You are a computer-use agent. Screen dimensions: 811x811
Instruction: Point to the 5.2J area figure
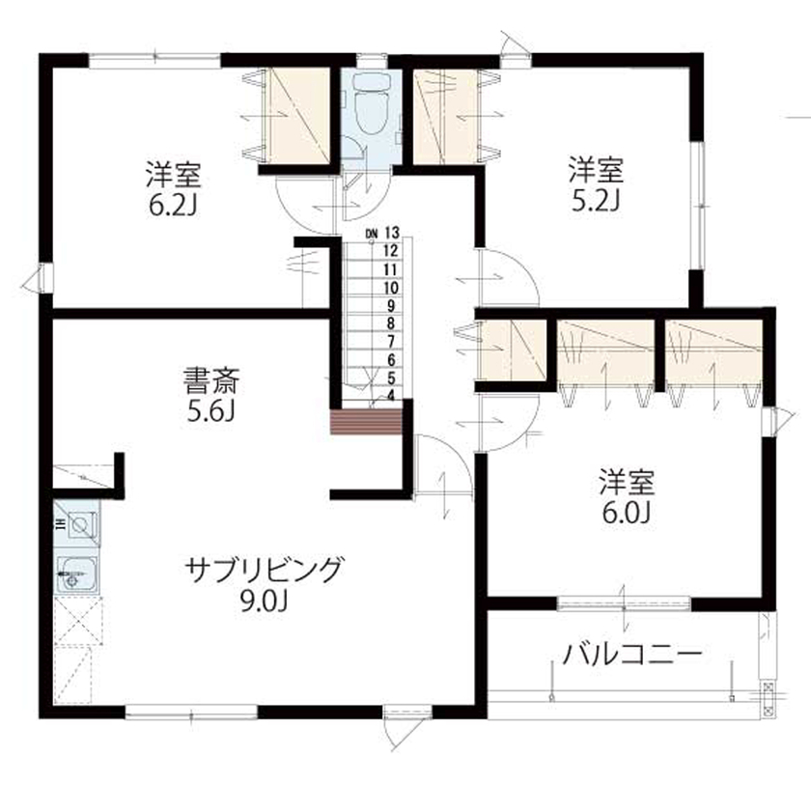594,199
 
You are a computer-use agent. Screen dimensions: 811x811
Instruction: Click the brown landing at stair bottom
366,422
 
